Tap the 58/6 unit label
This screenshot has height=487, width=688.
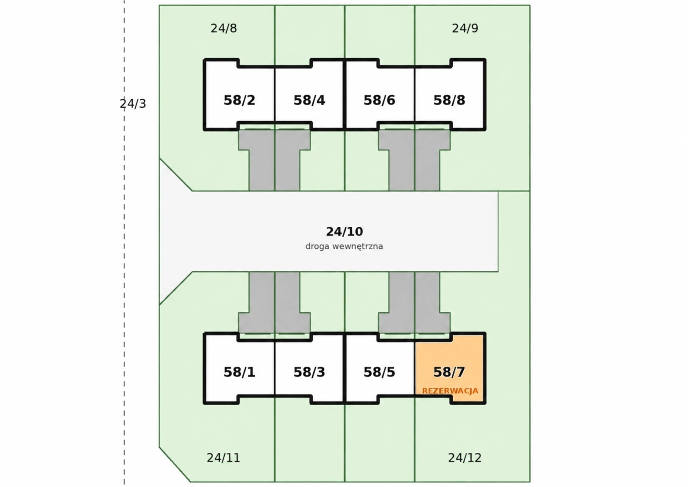pyautogui.click(x=379, y=101)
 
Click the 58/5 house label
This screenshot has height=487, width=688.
pyautogui.click(x=379, y=372)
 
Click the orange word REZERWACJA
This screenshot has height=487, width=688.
pyautogui.click(x=450, y=391)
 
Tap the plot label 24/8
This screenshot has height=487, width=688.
pyautogui.click(x=224, y=29)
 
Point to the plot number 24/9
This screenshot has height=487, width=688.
pyautogui.click(x=465, y=29)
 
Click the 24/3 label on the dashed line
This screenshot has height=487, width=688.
pyautogui.click(x=133, y=104)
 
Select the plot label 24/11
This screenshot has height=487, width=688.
pyautogui.click(x=223, y=458)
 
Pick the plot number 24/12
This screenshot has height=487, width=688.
pyautogui.click(x=465, y=458)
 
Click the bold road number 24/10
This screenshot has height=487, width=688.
pyautogui.click(x=344, y=232)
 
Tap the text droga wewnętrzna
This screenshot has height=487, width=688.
pyautogui.click(x=344, y=247)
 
